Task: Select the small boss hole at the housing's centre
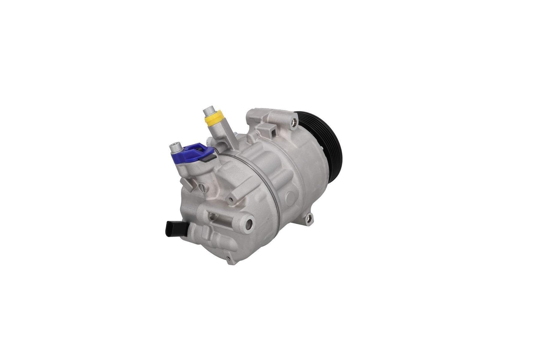231,199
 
